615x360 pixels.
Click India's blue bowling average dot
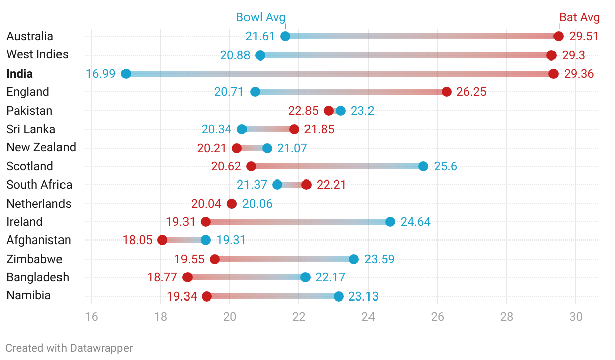point(126,74)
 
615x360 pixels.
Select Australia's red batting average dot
point(558,36)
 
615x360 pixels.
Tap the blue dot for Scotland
point(423,166)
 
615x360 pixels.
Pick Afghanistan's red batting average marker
point(162,240)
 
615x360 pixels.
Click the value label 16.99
point(100,74)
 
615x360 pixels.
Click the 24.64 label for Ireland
point(415,222)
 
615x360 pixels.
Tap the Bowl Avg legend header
point(261,17)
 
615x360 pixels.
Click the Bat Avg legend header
point(579,17)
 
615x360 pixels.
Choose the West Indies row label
point(37,54)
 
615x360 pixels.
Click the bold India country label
point(20,74)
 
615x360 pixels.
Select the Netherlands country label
point(39,204)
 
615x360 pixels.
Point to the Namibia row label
point(29,295)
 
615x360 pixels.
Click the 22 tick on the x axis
point(299,317)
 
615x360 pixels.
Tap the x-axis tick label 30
point(576,317)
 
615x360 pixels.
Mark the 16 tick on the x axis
point(92,317)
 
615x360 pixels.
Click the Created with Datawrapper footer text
point(69,348)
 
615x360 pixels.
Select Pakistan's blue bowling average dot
point(341,111)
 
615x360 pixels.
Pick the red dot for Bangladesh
point(188,277)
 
